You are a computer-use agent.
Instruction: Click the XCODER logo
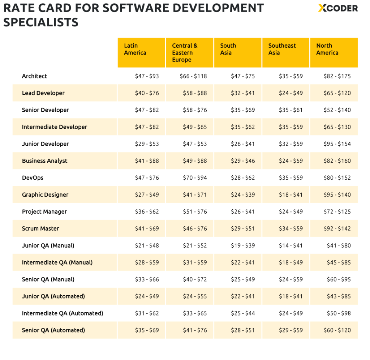(x=338, y=8)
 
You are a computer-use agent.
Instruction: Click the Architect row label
(x=34, y=76)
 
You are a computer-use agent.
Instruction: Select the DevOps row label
(x=33, y=178)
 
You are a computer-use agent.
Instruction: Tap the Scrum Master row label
(x=40, y=229)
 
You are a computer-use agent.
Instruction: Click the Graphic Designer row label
(x=45, y=195)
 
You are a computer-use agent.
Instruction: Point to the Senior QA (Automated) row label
(x=53, y=330)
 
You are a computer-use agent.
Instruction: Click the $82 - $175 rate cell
(x=337, y=76)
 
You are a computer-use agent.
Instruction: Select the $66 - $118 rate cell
(x=193, y=76)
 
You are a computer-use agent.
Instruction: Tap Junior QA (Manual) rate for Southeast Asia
(x=291, y=246)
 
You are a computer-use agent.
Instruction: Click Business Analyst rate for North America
(x=337, y=161)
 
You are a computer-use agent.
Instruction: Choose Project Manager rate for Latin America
(x=147, y=212)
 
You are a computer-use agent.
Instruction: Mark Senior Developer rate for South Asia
(x=243, y=110)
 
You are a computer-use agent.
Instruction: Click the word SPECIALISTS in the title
(x=41, y=22)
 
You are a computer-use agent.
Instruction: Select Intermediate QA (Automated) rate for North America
(x=339, y=313)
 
